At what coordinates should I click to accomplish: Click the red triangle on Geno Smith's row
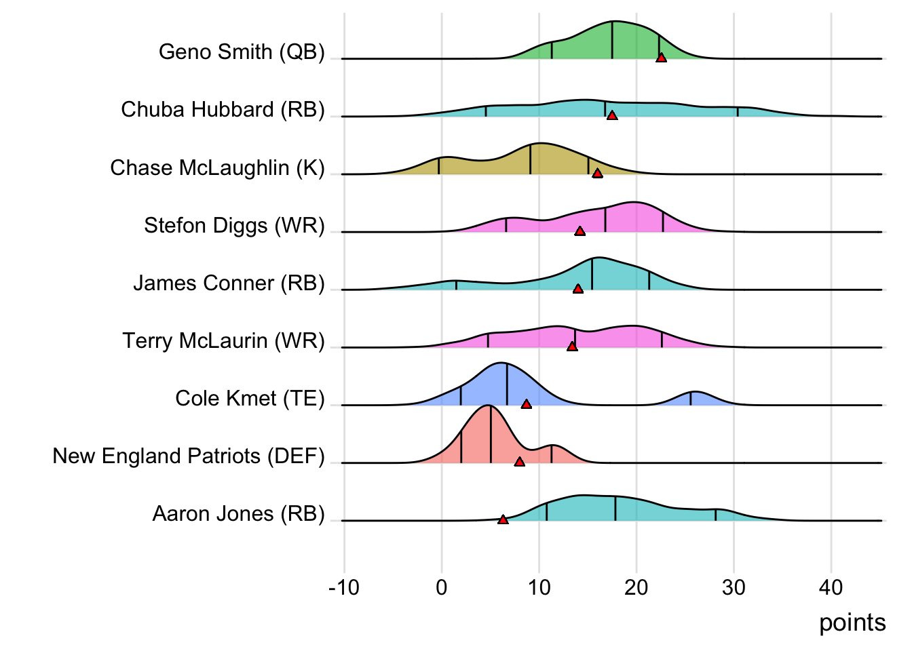[661, 58]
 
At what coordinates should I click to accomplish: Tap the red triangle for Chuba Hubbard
[612, 115]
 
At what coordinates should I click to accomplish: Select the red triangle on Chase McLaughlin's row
[597, 173]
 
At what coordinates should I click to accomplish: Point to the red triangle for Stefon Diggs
[579, 231]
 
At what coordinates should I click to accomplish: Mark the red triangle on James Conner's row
[578, 288]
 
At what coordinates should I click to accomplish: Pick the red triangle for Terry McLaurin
[572, 346]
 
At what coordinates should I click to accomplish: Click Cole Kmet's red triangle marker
[526, 403]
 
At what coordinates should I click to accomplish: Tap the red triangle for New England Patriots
[520, 461]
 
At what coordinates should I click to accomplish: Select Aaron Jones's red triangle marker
[503, 519]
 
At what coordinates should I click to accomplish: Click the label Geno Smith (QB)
[242, 52]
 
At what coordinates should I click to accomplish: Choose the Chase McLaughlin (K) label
[217, 167]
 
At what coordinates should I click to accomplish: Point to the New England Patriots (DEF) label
[189, 456]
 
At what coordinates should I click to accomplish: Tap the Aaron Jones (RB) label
[238, 513]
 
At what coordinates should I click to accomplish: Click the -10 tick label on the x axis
[343, 587]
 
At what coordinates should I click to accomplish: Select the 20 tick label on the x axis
[636, 587]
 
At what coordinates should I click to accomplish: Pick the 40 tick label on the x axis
[831, 587]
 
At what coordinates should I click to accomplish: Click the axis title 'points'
[852, 623]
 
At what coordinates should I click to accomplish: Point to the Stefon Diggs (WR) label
[234, 225]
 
